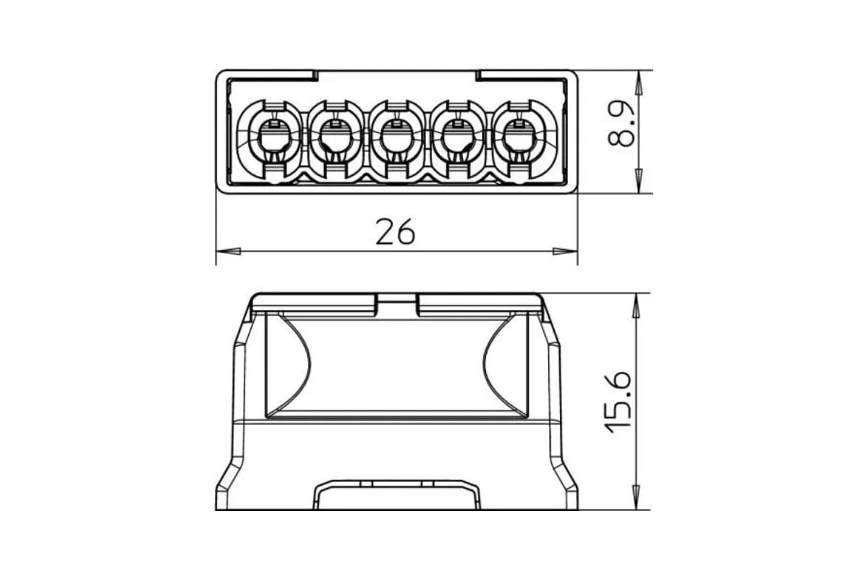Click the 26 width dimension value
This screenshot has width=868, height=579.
(x=395, y=232)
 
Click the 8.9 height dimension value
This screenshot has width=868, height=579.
(x=621, y=124)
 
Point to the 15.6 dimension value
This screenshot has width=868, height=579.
(x=618, y=402)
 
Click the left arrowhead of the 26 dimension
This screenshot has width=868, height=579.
(x=229, y=251)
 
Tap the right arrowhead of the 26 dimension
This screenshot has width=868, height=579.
(x=565, y=251)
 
